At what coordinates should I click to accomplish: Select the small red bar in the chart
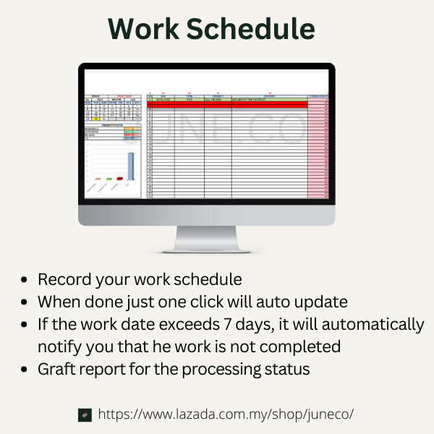pos(119,178)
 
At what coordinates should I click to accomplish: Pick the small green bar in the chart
pos(109,178)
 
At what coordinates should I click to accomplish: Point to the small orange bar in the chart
pos(98,179)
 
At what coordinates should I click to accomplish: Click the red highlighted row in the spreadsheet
pos(227,105)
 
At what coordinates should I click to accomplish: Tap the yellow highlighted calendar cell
pos(96,119)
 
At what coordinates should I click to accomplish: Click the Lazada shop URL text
pos(226,414)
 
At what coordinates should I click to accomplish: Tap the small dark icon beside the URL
pos(85,415)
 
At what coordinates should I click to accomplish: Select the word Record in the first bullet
pos(63,279)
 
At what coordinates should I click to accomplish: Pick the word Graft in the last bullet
pos(56,369)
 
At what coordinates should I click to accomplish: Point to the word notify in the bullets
pos(59,346)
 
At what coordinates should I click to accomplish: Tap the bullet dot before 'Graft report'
pos(26,370)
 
